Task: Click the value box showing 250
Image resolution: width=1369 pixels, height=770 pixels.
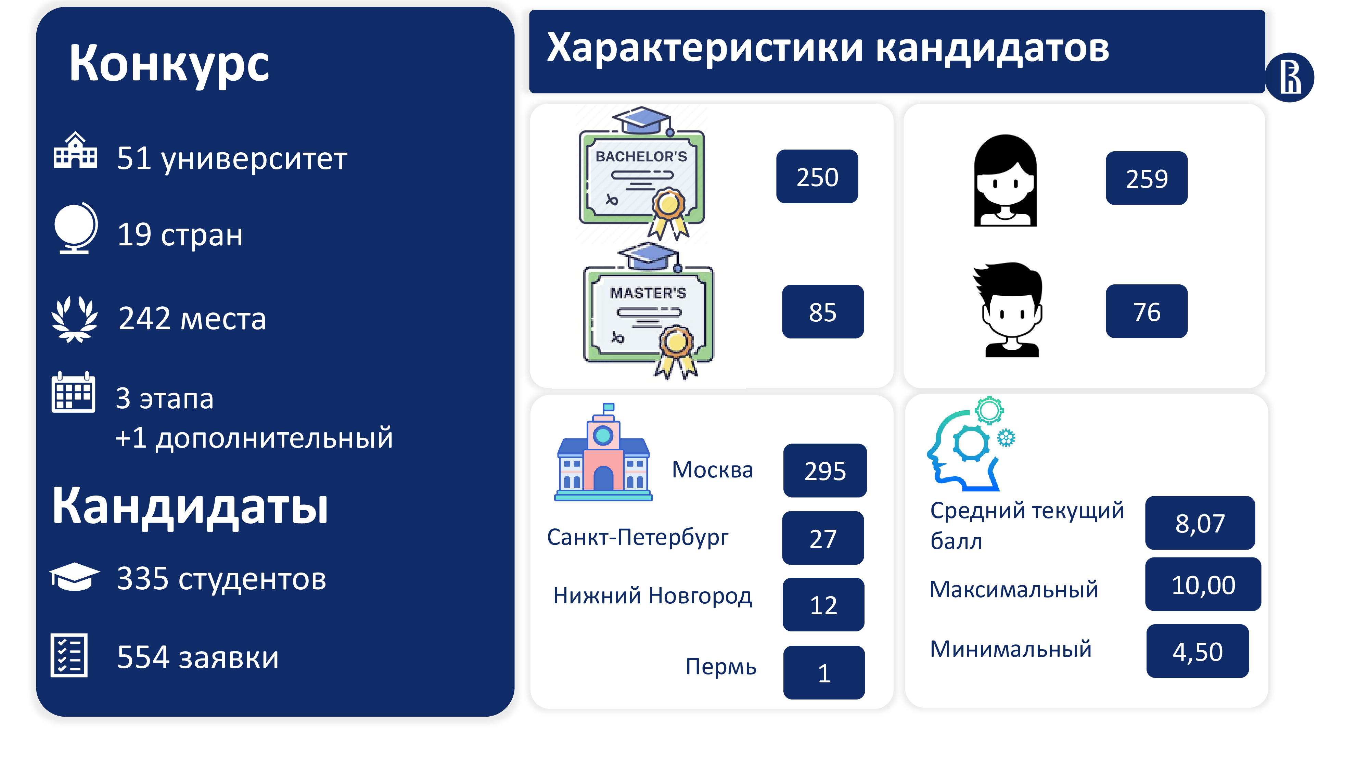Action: coord(817,177)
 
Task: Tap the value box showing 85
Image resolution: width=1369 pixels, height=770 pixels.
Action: coord(823,311)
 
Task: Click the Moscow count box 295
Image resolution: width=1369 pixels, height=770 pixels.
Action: coord(825,470)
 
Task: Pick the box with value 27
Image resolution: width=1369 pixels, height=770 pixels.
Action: coord(823,538)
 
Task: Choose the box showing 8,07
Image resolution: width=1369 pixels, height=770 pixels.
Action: coord(1200,523)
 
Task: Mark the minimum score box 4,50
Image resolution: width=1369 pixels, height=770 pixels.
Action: coord(1197,651)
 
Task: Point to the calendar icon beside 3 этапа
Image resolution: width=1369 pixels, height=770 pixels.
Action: coord(73,392)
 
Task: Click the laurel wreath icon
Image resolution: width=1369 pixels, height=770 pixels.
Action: coord(74,319)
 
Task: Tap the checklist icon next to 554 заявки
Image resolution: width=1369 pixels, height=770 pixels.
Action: coord(69,655)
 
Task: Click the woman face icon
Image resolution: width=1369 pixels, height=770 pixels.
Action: coord(1005,181)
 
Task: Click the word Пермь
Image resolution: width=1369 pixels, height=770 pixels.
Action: coord(721,666)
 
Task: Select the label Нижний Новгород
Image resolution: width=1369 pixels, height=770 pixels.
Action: coord(653,596)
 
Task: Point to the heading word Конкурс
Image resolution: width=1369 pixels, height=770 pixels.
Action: coord(169,64)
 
